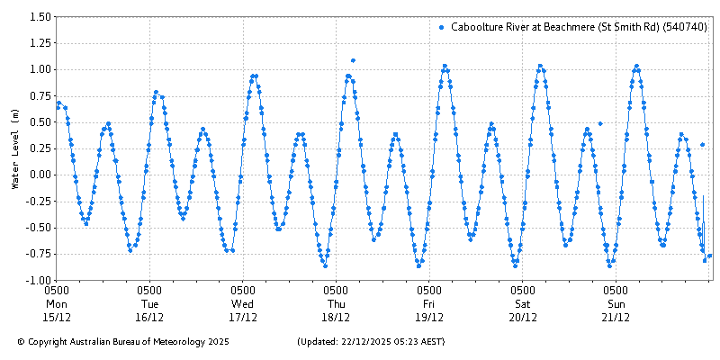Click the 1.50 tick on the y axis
pos(39,17)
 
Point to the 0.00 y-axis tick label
pos(39,175)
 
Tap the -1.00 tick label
pos(37,280)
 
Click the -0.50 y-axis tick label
pos(37,228)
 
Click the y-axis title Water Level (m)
pos(14,148)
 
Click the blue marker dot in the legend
pos(441,28)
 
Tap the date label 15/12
pos(57,317)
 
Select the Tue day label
pos(149,303)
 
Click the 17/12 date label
pos(243,317)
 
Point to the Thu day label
pos(336,303)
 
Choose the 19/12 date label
pos(429,317)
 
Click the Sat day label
pos(523,303)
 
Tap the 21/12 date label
pos(616,317)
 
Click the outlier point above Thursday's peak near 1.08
pos(353,60)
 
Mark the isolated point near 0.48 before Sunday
pos(600,123)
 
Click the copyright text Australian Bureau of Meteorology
pos(123,342)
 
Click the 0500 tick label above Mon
pos(57,291)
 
